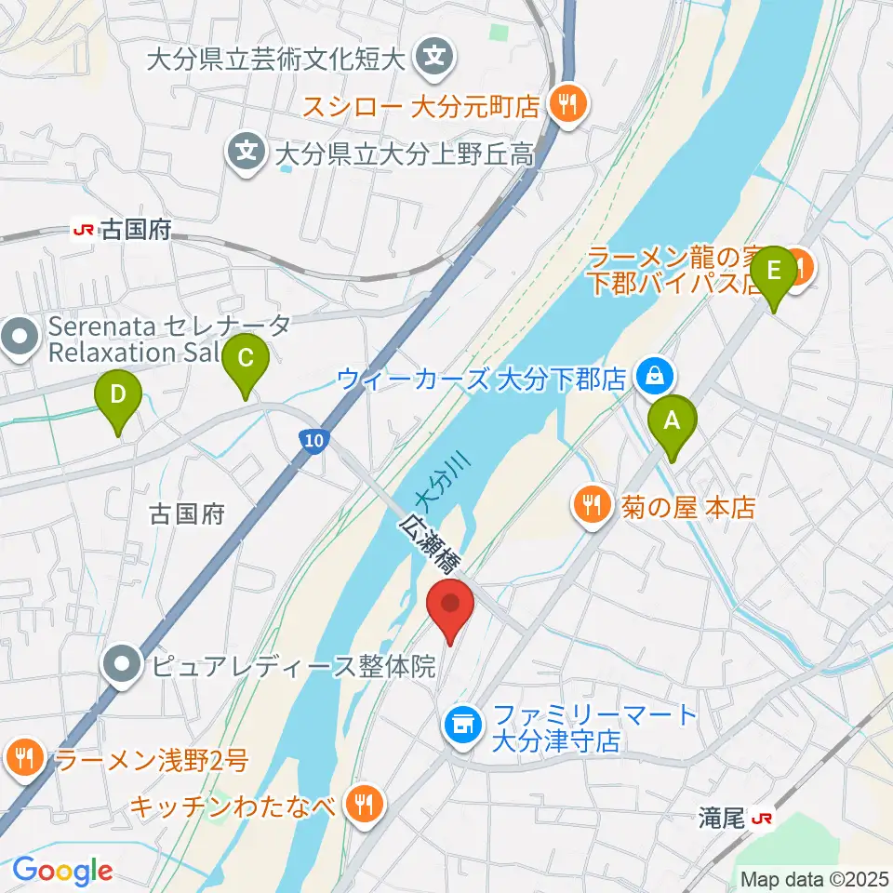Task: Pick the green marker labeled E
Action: click(774, 273)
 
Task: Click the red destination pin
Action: click(451, 606)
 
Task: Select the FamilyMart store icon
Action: click(461, 721)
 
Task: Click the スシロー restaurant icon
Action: click(565, 103)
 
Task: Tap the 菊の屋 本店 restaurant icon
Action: click(591, 507)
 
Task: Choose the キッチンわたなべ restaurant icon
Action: click(363, 803)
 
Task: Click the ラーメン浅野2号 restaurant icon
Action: click(23, 758)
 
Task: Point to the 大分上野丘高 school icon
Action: click(247, 149)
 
